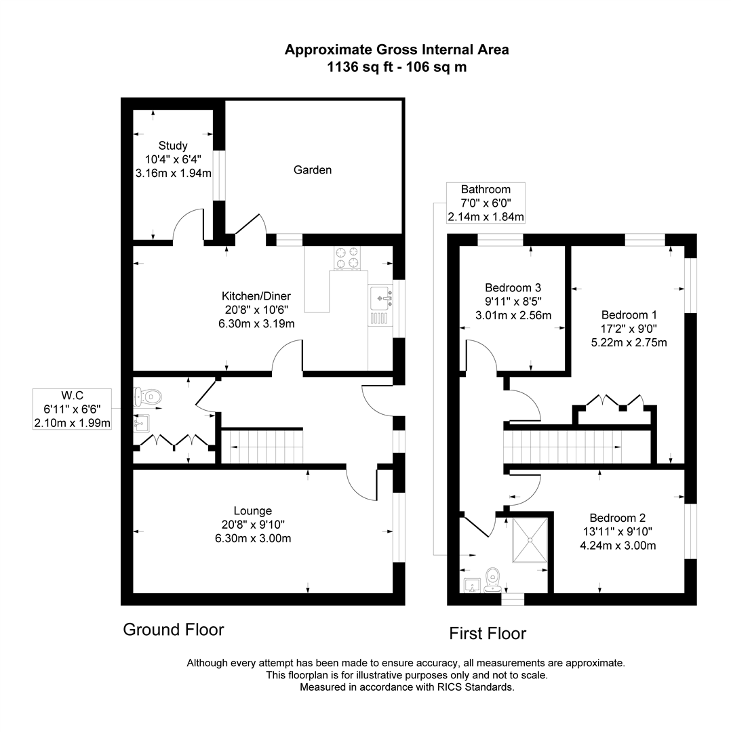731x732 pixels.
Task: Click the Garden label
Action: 313,170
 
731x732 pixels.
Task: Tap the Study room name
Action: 173,146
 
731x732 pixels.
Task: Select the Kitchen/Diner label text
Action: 256,296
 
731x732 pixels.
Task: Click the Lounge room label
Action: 253,511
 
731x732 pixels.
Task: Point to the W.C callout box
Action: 73,409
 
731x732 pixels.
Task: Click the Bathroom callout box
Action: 486,203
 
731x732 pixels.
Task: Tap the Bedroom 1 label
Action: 629,315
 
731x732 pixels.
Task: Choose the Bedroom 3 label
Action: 513,287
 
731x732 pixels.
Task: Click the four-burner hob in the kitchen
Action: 348,258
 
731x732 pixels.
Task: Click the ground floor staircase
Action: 262,448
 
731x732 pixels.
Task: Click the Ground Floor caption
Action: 173,630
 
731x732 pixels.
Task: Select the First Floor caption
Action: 488,634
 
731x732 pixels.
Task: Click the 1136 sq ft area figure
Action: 357,67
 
